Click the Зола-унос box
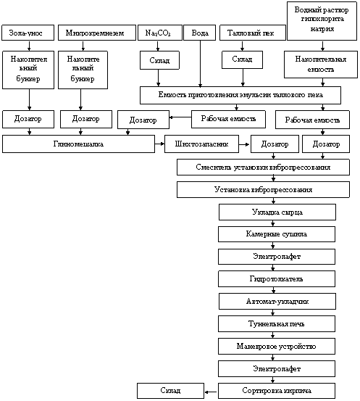(28, 33)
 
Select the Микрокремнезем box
(97, 33)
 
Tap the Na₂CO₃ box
(160, 33)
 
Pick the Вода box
(199, 33)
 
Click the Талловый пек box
(252, 33)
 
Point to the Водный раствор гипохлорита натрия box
(322, 21)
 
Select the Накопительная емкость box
(321, 65)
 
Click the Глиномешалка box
(78, 144)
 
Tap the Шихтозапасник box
(201, 144)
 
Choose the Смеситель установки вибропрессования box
(263, 168)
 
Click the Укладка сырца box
(277, 212)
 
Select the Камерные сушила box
(277, 234)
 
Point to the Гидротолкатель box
(277, 278)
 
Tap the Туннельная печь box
(277, 323)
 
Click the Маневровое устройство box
(277, 347)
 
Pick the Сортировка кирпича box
(277, 391)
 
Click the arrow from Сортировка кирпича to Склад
(211, 392)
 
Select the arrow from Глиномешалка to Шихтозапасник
(159, 144)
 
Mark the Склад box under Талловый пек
(242, 60)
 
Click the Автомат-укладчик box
(277, 301)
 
